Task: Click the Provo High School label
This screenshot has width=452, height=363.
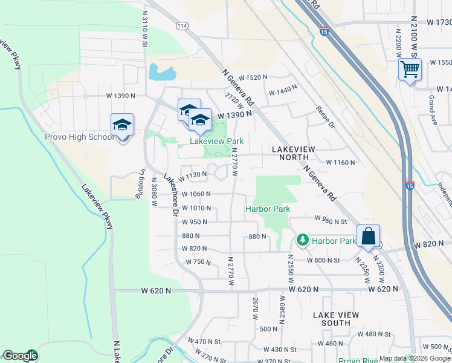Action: [x=79, y=137]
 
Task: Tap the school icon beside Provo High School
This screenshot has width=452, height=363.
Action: [x=122, y=125]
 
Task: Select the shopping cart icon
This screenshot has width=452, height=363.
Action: [x=410, y=70]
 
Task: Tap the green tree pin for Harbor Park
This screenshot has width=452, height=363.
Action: [x=303, y=240]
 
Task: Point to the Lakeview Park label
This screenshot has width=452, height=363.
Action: [x=216, y=141]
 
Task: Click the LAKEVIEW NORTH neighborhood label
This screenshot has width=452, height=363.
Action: [x=294, y=152]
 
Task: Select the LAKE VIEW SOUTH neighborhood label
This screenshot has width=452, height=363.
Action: [x=335, y=319]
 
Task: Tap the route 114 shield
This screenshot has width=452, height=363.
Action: [x=182, y=26]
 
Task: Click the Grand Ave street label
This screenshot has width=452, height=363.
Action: [x=432, y=106]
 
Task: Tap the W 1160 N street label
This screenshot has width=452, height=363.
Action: [x=340, y=162]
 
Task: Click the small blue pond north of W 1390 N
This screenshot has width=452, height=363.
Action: [x=161, y=72]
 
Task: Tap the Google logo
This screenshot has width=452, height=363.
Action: [x=20, y=356]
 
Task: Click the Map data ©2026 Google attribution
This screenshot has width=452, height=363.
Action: [x=415, y=358]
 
